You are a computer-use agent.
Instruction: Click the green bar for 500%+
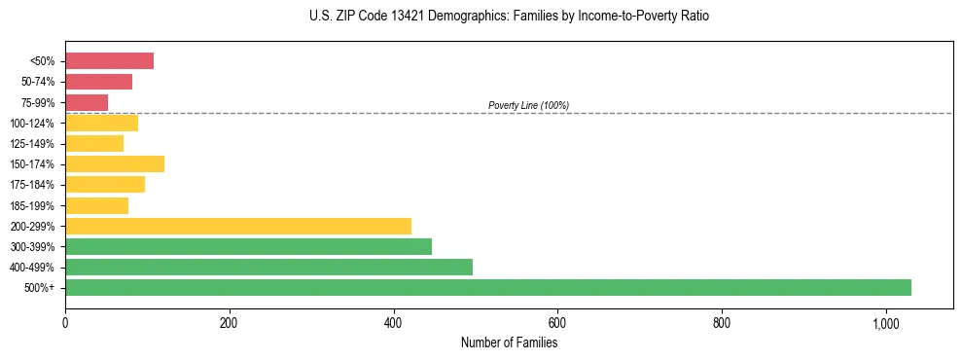tap(487, 287)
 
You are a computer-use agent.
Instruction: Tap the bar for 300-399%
tap(248, 246)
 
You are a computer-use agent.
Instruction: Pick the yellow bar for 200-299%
tap(237, 226)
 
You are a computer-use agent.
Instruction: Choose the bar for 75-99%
tap(87, 102)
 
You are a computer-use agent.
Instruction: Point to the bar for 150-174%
tap(115, 163)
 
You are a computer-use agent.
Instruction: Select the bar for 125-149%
tap(94, 143)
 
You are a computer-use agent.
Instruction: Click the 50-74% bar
tap(98, 82)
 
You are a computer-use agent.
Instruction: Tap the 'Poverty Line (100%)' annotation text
tap(528, 105)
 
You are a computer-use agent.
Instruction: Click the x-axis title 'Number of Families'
tap(509, 342)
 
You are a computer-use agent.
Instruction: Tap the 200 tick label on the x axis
tap(229, 323)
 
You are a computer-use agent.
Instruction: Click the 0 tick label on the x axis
tap(65, 323)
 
